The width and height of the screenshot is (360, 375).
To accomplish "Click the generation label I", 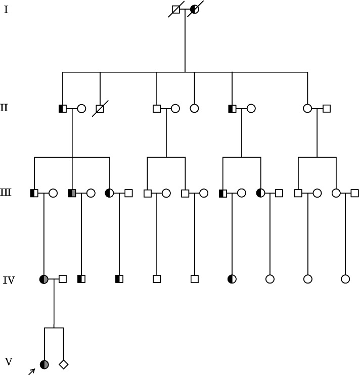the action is pyautogui.click(x=6, y=9).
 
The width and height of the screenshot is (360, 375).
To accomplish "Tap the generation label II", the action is pyautogui.click(x=4, y=107).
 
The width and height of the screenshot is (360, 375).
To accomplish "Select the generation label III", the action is pyautogui.click(x=6, y=192).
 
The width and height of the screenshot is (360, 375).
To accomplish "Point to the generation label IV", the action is pyautogui.click(x=9, y=279).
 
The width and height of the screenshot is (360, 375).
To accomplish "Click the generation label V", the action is pyautogui.click(x=8, y=361).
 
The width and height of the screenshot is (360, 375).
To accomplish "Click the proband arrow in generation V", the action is pyautogui.click(x=31, y=372).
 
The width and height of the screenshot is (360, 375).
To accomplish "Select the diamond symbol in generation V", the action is pyautogui.click(x=63, y=364).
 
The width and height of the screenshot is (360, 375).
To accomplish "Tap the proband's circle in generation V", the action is pyautogui.click(x=44, y=364).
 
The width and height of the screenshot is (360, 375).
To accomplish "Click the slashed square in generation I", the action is pyautogui.click(x=176, y=9).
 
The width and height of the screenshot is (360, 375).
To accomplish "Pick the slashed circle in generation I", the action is pyautogui.click(x=195, y=9).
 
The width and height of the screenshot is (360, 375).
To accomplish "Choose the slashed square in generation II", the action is pyautogui.click(x=100, y=108).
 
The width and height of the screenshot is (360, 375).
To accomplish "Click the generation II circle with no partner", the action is pyautogui.click(x=194, y=108).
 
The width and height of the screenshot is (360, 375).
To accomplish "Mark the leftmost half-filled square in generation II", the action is pyautogui.click(x=63, y=108).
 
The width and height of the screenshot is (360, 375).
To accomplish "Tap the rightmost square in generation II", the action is pyautogui.click(x=327, y=108).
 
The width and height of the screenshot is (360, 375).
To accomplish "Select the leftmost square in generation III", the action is pyautogui.click(x=34, y=193).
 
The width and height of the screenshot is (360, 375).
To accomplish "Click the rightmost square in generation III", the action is pyautogui.click(x=354, y=193).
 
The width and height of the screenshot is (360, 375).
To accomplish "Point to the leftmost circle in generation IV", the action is pyautogui.click(x=44, y=278).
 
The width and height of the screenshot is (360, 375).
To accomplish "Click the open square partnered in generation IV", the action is pyautogui.click(x=63, y=278).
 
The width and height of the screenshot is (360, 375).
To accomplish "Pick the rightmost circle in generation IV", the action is pyautogui.click(x=345, y=278).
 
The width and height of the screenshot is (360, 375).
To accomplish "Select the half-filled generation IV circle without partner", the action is pyautogui.click(x=232, y=278).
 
